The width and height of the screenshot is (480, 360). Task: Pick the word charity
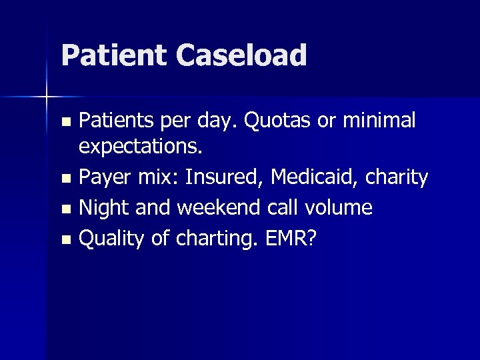pyautogui.click(x=398, y=177)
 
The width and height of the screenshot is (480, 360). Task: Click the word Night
pyautogui.click(x=105, y=208)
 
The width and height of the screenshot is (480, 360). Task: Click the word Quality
pyautogui.click(x=111, y=239)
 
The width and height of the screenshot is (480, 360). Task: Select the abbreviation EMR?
pyautogui.click(x=291, y=239)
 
